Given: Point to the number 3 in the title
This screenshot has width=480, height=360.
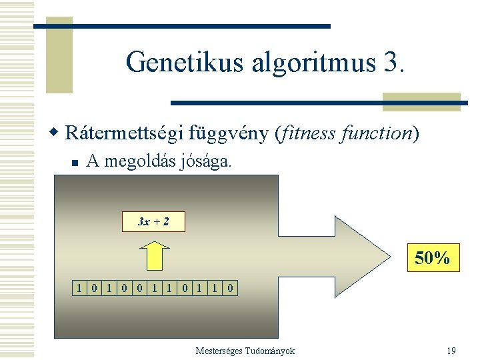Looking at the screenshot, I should [393, 62].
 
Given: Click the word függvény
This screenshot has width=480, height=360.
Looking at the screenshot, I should [230, 133].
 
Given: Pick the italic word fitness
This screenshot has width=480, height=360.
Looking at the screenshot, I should [309, 133].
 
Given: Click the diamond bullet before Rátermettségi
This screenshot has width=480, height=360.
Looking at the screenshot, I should [57, 133].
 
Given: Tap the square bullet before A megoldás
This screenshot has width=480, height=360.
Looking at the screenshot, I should [75, 162].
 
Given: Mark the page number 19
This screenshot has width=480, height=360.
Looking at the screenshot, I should [451, 351].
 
